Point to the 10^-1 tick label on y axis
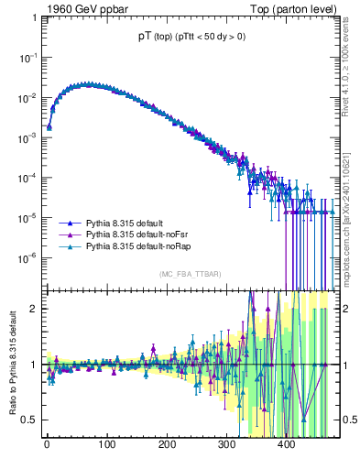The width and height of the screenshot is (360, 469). pyautogui.click(x=28, y=57)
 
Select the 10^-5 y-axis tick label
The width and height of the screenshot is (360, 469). pyautogui.click(x=28, y=217)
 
